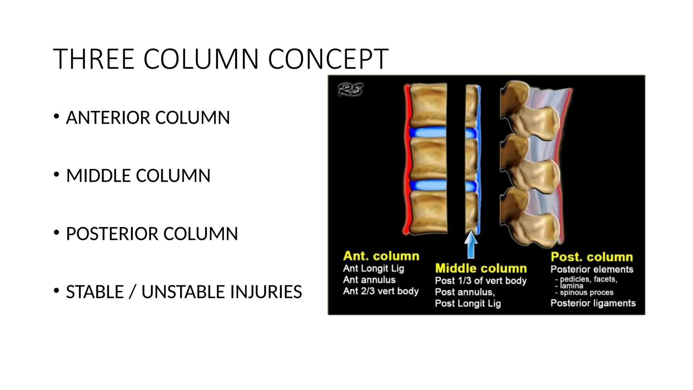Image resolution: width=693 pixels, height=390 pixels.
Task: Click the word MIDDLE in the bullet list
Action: (x=99, y=176)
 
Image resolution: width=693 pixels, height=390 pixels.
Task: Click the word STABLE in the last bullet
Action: (x=95, y=292)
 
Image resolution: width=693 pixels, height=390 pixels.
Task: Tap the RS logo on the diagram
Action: (x=351, y=89)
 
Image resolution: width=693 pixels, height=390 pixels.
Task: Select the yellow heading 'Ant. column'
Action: (x=381, y=256)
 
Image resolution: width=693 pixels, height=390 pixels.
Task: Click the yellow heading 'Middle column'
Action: (x=481, y=268)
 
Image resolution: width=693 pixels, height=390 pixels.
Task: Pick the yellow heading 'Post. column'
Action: (x=591, y=257)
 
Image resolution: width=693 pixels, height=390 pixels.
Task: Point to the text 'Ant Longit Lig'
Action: (x=373, y=268)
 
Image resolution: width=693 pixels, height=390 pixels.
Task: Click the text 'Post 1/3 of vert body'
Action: (x=480, y=281)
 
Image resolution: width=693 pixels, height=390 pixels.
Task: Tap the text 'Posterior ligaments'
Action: (x=593, y=303)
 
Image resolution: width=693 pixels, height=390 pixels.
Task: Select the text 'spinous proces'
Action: (x=586, y=292)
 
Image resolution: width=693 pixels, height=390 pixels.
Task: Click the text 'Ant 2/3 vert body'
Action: (x=381, y=291)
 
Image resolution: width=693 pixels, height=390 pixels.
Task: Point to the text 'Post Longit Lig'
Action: (x=468, y=303)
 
